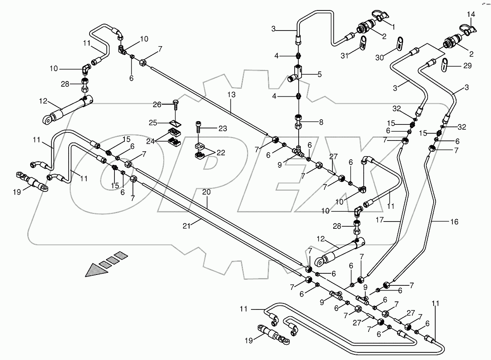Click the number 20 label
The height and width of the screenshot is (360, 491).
click(207, 192)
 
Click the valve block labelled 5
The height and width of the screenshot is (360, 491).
click(296, 73)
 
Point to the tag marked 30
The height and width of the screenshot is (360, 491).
click(400, 44)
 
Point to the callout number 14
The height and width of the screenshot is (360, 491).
click(471, 14)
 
